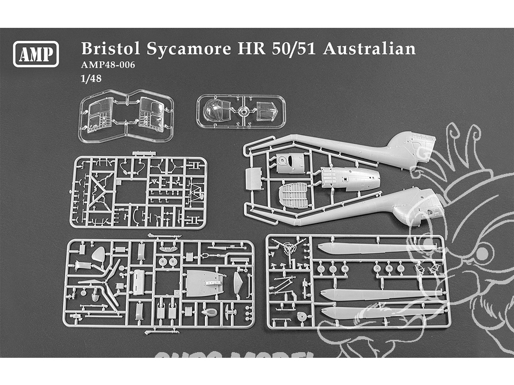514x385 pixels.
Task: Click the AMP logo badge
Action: [x=36, y=53]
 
